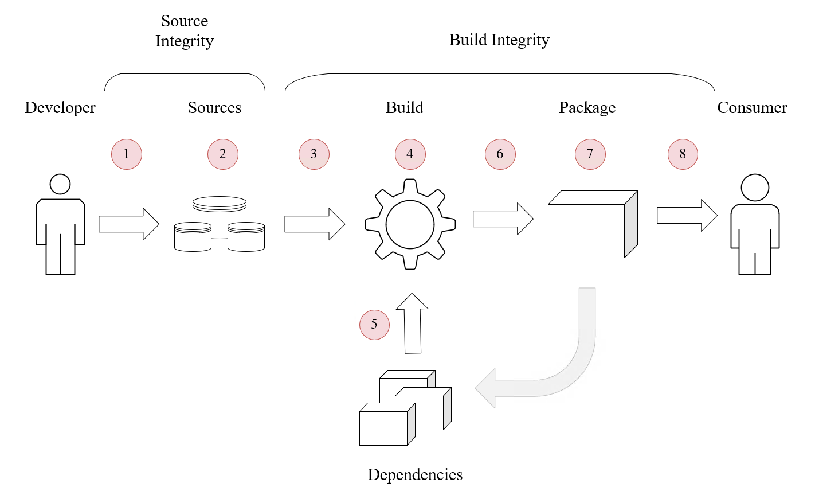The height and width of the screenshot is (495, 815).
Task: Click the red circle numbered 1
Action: click(x=126, y=154)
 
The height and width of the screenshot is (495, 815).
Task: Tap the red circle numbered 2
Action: click(x=222, y=154)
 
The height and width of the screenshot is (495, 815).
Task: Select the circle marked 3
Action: click(x=314, y=154)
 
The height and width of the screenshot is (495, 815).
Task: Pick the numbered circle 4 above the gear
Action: click(x=410, y=154)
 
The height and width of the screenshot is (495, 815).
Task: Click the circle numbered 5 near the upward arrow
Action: click(x=374, y=325)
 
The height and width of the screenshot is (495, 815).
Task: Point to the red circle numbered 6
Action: click(x=500, y=154)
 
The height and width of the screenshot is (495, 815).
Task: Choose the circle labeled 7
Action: click(x=590, y=154)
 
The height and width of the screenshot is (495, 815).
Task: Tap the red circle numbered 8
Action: click(x=683, y=154)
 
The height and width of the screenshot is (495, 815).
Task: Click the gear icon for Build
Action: click(x=410, y=224)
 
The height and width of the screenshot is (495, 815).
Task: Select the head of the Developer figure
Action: click(x=60, y=184)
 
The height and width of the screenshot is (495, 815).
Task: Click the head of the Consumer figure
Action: click(x=755, y=188)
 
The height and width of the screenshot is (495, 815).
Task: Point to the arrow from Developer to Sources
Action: click(x=128, y=224)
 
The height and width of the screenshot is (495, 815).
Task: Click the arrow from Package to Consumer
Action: click(x=687, y=215)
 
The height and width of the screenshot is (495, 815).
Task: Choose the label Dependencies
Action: click(x=415, y=475)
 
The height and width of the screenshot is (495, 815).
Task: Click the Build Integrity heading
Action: click(x=499, y=40)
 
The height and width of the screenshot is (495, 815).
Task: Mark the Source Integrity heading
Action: click(x=185, y=31)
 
